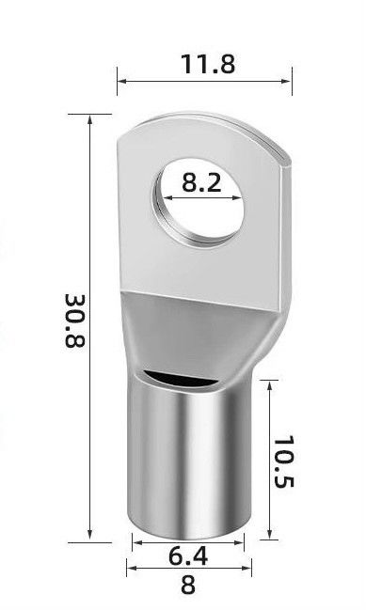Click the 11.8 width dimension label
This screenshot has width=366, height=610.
[x=208, y=64]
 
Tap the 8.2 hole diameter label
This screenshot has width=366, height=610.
[x=201, y=182]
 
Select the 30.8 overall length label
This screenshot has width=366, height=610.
[x=74, y=321]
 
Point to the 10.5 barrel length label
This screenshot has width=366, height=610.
[x=284, y=461]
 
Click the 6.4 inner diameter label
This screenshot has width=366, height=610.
[x=188, y=555]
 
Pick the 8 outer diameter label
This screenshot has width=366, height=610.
[x=188, y=585]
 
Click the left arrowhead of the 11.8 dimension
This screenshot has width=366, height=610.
[x=122, y=82]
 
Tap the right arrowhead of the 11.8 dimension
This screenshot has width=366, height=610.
[x=286, y=82]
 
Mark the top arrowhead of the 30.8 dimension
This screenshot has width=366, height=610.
[x=90, y=119]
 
